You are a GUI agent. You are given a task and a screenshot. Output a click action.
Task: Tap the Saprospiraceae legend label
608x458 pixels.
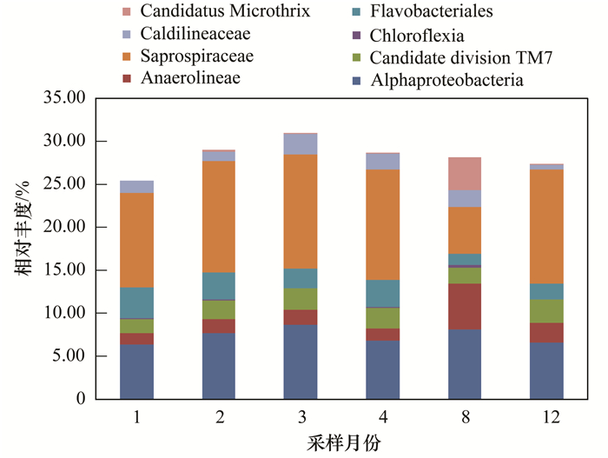206,56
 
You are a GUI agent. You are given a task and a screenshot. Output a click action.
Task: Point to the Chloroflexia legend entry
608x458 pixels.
416,36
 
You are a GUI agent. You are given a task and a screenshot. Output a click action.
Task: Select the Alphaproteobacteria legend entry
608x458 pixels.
446,81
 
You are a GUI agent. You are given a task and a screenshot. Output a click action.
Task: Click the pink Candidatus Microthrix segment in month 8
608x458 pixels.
464,174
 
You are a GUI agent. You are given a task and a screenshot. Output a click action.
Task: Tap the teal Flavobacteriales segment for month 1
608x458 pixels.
137,302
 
